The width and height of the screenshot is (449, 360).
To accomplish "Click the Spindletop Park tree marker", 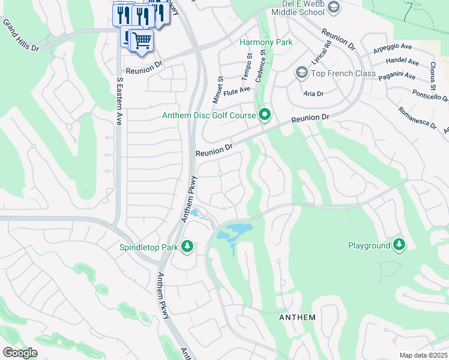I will pyautogui.click(x=188, y=246).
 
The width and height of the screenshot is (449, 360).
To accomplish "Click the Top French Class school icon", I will pyautogui.click(x=302, y=73).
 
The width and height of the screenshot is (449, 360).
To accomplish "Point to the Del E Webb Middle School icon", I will pyautogui.click(x=334, y=8).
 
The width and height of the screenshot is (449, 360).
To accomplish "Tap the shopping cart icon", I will pyautogui.click(x=142, y=41).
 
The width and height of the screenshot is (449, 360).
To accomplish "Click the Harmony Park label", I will pyautogui.click(x=266, y=42).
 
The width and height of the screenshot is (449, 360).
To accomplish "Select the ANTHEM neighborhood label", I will pyautogui.click(x=297, y=317).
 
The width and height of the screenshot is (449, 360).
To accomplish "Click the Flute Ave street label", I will pyautogui.click(x=237, y=90).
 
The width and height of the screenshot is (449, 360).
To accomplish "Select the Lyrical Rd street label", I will pyautogui.click(x=322, y=54).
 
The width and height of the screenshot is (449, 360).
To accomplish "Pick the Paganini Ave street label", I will pyautogui.click(x=397, y=76).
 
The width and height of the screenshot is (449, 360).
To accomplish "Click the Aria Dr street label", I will pyautogui.click(x=313, y=94).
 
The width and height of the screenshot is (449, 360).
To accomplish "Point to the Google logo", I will pyautogui.click(x=20, y=353).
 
